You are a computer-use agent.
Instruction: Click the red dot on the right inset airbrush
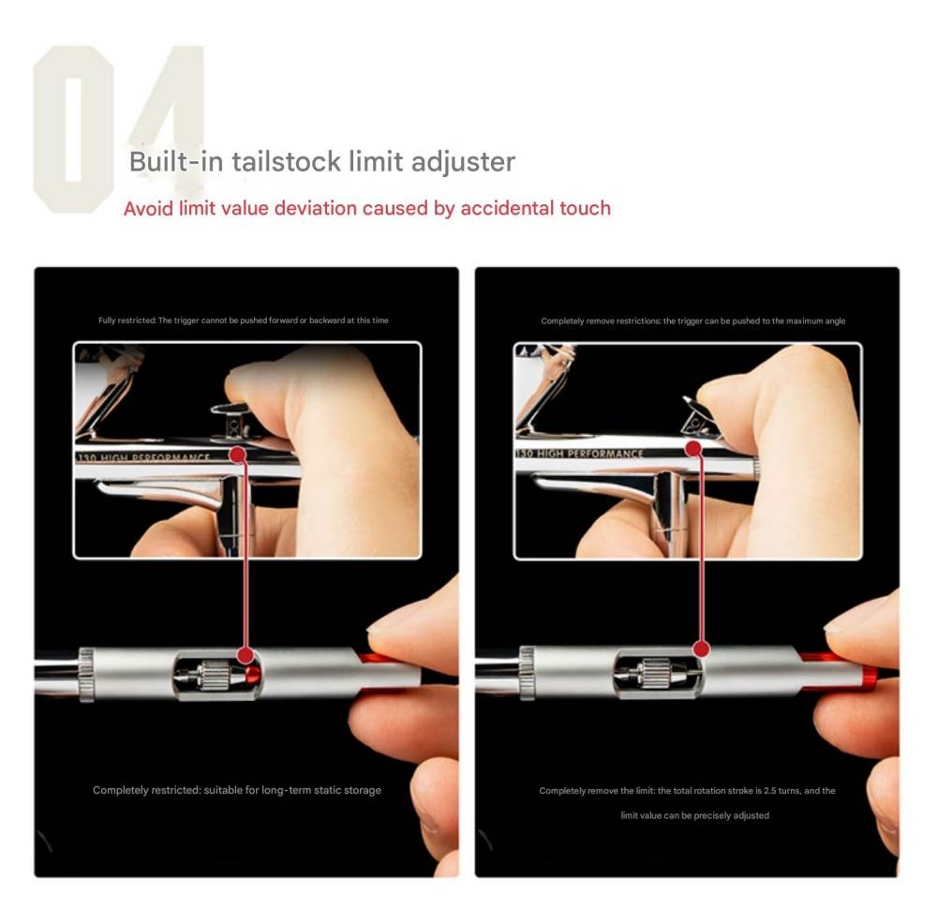click(x=693, y=449)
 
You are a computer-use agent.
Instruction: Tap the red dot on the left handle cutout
click(x=245, y=655)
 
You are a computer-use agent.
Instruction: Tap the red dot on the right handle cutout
click(x=701, y=648)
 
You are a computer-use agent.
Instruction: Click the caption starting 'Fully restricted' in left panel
click(x=243, y=320)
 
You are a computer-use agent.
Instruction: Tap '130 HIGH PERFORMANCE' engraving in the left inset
click(x=145, y=458)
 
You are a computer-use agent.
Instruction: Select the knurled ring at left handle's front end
click(x=86, y=673)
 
